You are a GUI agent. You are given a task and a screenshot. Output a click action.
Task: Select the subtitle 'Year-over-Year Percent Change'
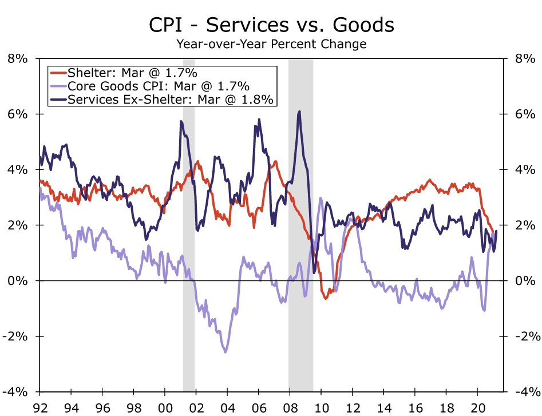(271, 43)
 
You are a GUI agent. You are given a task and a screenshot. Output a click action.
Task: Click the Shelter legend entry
(132, 73)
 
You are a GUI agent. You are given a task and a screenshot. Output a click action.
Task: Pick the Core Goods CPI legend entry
(158, 86)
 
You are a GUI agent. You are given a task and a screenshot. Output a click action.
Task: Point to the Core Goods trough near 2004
(225, 352)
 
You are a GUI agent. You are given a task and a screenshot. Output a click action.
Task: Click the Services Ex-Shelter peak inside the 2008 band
(299, 112)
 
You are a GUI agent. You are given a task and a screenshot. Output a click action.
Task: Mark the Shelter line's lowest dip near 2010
(326, 299)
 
